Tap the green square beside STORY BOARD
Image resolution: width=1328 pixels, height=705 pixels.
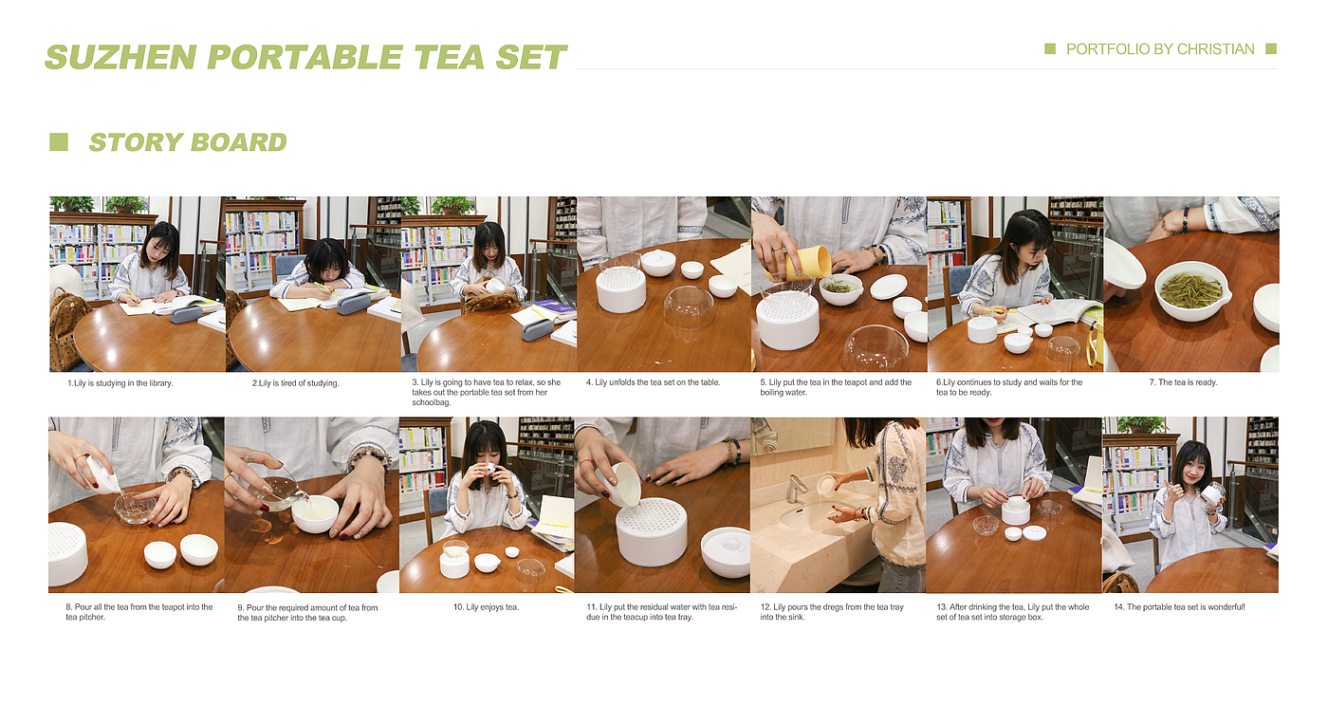click(58, 142)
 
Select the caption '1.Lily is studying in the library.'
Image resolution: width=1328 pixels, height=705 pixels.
click(120, 383)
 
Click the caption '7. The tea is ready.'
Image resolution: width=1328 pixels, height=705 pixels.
click(1184, 382)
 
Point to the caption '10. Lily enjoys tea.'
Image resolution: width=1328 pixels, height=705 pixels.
click(486, 607)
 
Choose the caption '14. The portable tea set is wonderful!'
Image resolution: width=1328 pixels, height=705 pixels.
click(1180, 607)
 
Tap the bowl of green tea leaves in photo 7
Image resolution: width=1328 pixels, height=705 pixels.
click(1190, 290)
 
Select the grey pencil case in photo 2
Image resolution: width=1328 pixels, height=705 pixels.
click(354, 303)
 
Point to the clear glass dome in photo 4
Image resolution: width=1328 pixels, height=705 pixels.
click(689, 307)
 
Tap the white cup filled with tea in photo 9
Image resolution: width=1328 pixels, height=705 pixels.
click(314, 514)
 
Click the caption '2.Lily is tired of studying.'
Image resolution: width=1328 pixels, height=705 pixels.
click(295, 383)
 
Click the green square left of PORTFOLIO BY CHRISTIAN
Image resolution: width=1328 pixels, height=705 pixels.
click(1050, 48)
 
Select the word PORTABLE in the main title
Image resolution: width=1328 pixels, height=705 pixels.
click(304, 58)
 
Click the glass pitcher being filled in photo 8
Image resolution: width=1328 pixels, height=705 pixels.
click(135, 509)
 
